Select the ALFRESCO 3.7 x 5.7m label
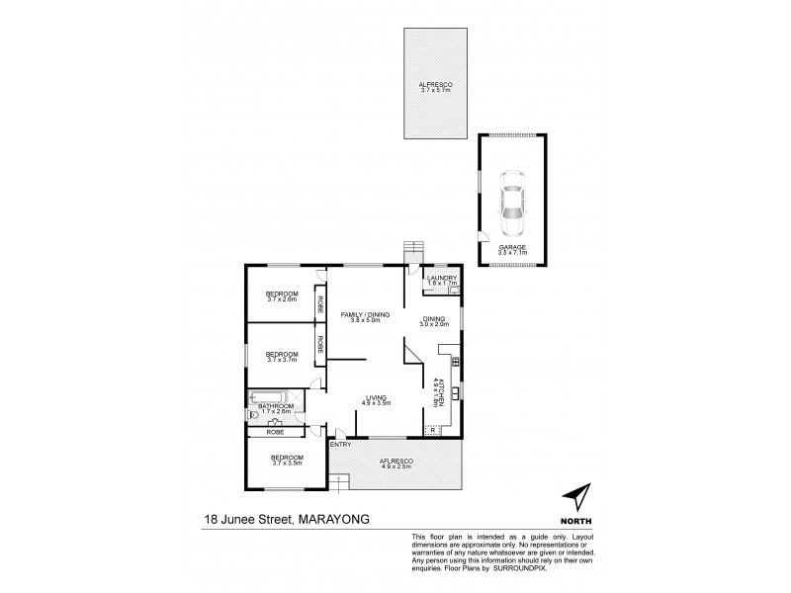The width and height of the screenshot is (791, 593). [x=435, y=86]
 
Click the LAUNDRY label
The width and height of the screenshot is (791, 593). [x=441, y=280]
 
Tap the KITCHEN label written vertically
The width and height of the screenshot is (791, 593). [x=435, y=392]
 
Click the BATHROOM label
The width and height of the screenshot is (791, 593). [x=277, y=407]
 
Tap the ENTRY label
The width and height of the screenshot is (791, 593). [x=339, y=444]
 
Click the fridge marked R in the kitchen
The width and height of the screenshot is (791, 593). [x=431, y=430]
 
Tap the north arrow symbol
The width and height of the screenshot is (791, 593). [x=575, y=496]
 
